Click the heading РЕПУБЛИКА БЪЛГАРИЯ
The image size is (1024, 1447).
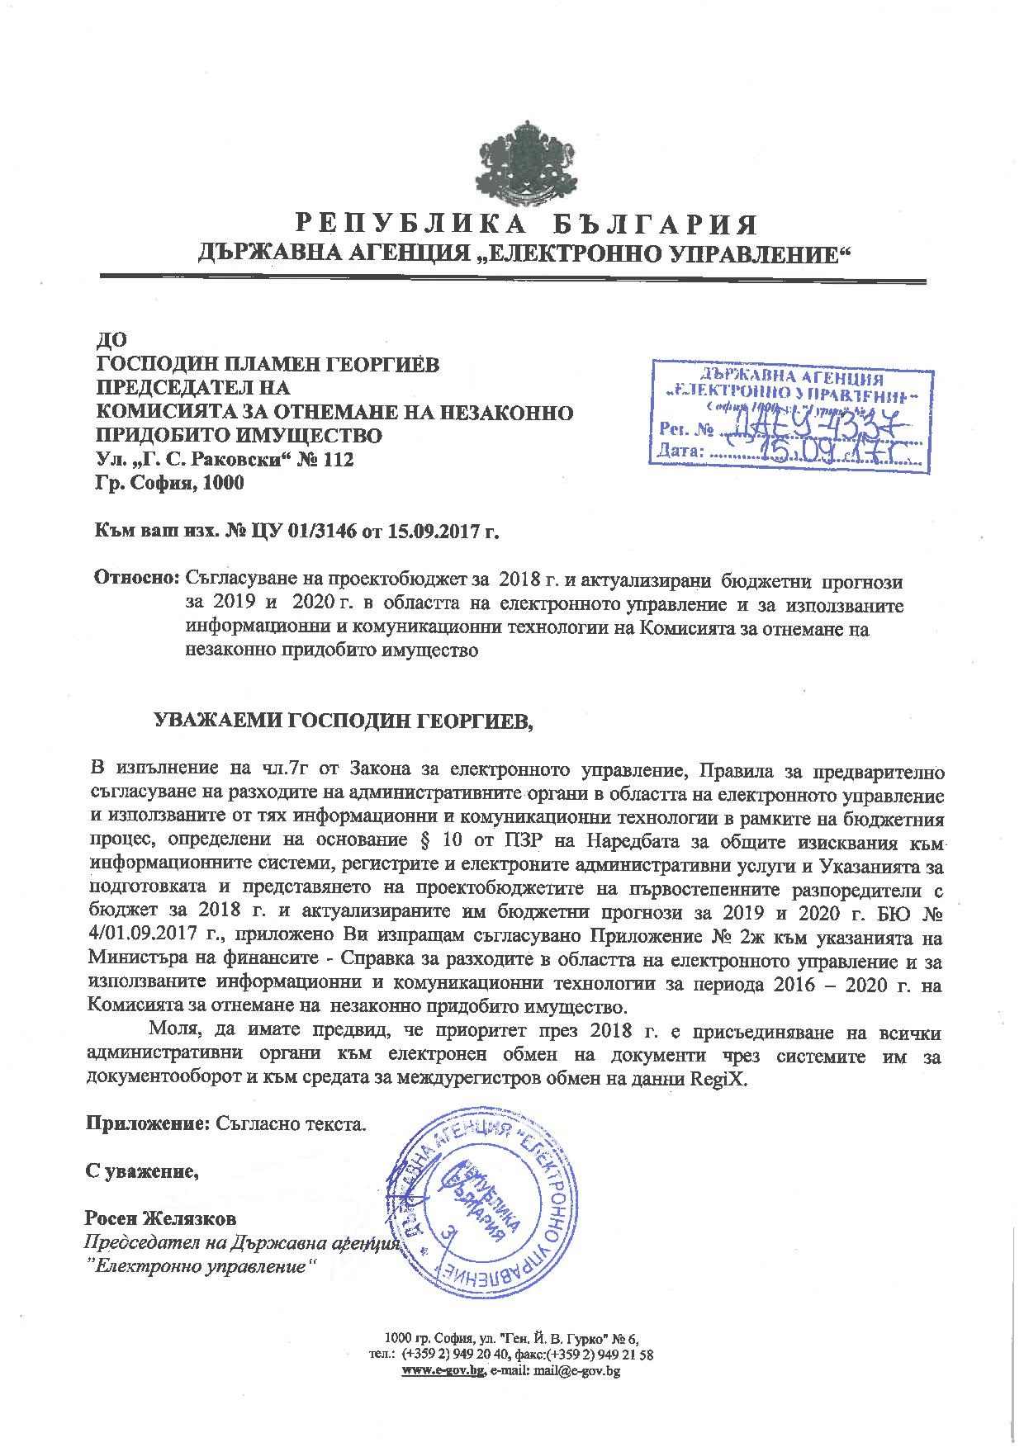pos(527,225)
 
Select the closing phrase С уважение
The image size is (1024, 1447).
pos(141,1170)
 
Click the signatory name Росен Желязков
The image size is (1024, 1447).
pos(159,1218)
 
